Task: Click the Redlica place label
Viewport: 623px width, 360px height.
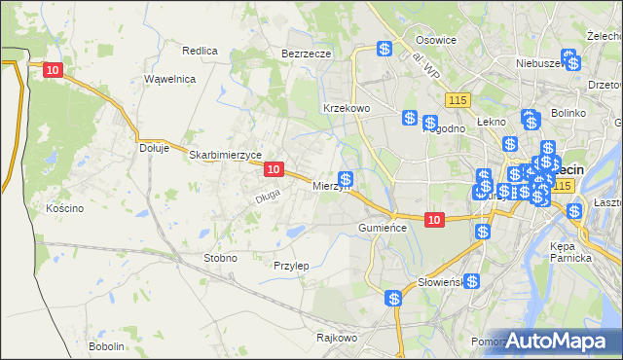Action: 200,50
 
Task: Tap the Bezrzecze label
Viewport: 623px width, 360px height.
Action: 307,54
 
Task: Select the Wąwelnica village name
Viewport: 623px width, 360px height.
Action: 170,79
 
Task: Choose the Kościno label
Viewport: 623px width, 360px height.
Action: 65,208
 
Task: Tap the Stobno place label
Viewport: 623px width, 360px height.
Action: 219,258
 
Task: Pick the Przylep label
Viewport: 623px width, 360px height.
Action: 291,266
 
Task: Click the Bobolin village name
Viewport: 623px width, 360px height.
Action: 106,346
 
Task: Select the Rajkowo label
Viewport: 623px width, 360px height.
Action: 338,338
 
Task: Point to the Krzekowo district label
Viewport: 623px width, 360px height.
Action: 347,108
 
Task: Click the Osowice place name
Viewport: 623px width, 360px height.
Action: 436,40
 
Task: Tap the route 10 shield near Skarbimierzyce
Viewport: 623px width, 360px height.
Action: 274,169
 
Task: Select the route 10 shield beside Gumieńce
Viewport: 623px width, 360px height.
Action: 435,221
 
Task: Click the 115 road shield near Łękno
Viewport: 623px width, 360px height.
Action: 458,100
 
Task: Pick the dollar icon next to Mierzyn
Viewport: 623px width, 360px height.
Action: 346,179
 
